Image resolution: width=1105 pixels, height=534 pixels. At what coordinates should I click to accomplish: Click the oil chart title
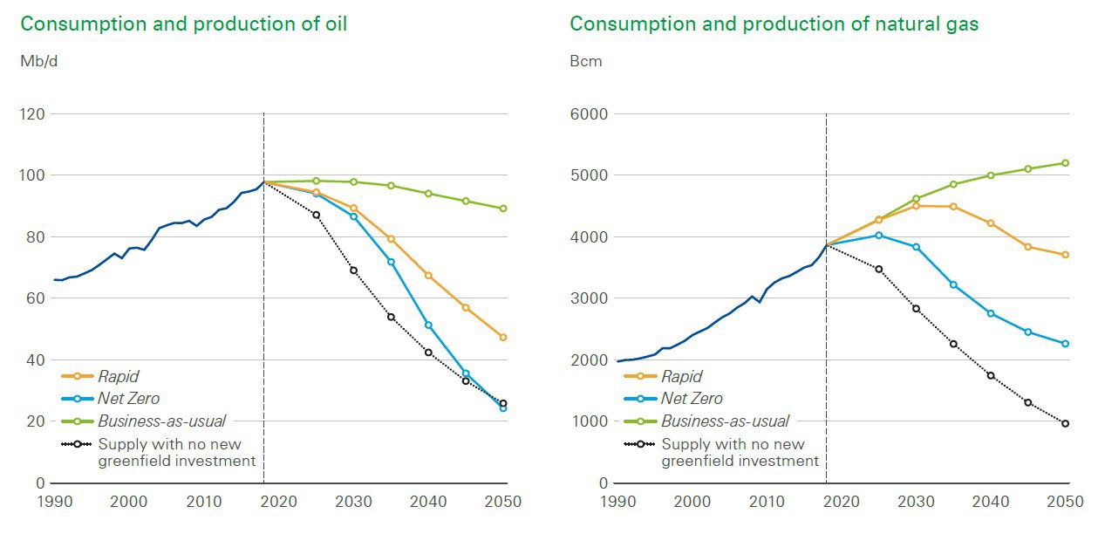[183, 24]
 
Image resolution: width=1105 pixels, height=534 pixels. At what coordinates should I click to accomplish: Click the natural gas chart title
[774, 24]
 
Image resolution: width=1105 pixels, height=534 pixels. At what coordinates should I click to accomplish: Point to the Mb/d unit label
[38, 62]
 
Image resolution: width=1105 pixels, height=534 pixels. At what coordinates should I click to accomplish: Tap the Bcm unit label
[585, 62]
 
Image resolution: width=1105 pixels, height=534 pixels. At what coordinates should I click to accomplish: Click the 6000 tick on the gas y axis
[588, 114]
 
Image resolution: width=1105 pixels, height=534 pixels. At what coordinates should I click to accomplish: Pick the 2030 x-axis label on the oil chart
[353, 502]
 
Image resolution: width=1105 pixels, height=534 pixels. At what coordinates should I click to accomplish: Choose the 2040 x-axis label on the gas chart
[991, 502]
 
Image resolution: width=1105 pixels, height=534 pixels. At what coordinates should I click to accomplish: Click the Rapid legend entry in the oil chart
[118, 377]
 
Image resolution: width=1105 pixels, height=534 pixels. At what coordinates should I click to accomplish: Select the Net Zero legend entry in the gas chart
[692, 399]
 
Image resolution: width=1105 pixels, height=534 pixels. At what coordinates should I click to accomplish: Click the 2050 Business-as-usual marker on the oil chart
[503, 209]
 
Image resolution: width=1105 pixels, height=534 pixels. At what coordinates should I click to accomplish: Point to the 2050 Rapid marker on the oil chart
[503, 337]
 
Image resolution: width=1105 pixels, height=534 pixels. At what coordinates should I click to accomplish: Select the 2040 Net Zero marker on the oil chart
[428, 325]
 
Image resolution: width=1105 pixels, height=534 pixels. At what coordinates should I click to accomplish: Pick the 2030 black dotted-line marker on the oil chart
[353, 270]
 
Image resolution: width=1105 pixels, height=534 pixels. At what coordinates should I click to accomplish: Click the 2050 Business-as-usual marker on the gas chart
[1065, 163]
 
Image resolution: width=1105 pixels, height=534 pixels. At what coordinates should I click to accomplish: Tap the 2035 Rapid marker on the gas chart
[953, 207]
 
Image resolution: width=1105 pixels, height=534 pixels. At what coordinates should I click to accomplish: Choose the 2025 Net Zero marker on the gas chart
[878, 236]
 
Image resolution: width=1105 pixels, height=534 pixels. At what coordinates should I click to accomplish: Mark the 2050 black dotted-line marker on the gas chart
[1065, 423]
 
